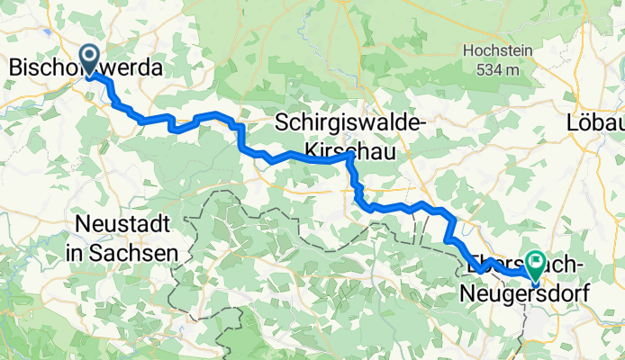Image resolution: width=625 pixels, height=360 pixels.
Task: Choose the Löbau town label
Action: pyautogui.click(x=595, y=121)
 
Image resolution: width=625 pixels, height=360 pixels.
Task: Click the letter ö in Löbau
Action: pyautogui.click(x=584, y=121)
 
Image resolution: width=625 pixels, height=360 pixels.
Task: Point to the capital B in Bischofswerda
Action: pyautogui.click(x=16, y=68)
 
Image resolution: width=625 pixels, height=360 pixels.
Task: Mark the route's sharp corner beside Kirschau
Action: pyautogui.click(x=349, y=156)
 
